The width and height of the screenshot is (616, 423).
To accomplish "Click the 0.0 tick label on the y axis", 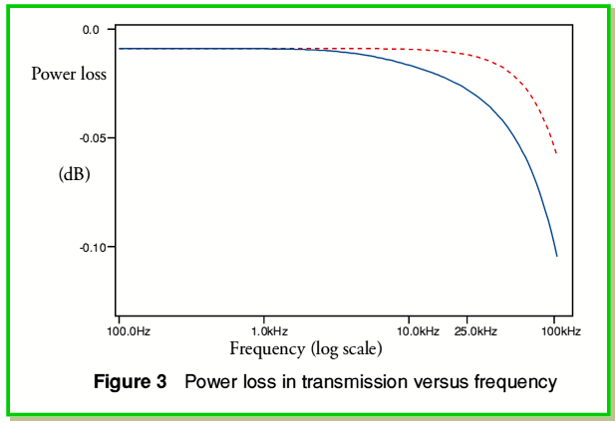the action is [91, 30].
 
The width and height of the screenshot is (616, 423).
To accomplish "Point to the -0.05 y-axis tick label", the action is [92, 138].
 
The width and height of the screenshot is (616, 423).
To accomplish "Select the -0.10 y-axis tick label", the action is [92, 247].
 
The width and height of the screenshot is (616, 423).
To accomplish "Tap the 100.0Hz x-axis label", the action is [129, 331].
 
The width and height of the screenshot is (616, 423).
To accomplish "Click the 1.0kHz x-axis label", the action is [269, 331].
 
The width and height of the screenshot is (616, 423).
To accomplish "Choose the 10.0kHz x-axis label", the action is [418, 331].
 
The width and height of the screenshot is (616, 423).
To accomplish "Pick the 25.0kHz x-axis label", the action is [475, 331].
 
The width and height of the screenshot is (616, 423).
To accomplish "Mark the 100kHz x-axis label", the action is [561, 331].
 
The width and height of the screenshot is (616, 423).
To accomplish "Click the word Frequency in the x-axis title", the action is [267, 349].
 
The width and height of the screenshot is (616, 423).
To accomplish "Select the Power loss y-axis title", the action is [69, 74].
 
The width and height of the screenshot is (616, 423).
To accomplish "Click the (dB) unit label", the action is [74, 174].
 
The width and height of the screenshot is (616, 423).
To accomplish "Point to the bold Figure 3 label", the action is [130, 381].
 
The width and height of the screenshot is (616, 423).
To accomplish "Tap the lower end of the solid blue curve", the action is [556, 256].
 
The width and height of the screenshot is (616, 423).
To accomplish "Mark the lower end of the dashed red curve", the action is [556, 153].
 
